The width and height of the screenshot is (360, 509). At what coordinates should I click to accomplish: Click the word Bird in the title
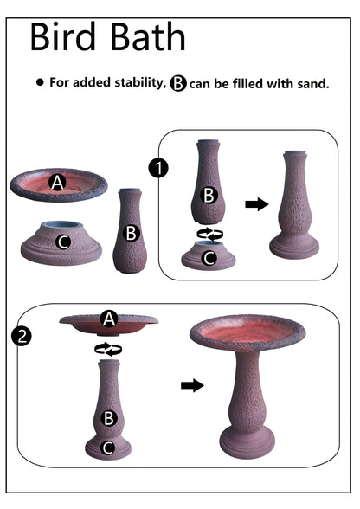click(x=67, y=37)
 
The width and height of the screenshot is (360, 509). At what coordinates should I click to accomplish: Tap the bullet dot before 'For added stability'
click(x=39, y=83)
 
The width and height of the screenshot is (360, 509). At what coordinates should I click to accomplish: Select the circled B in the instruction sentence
click(x=178, y=83)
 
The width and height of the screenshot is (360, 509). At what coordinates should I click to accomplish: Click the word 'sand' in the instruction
click(x=310, y=83)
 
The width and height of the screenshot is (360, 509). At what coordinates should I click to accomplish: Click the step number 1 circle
click(x=157, y=168)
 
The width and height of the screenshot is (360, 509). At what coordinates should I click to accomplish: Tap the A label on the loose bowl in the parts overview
click(x=57, y=183)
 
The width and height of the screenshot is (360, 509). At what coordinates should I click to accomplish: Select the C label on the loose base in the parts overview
click(x=62, y=242)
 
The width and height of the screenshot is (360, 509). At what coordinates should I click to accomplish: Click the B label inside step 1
click(x=209, y=195)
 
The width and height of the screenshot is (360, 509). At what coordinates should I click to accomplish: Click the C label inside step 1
click(x=209, y=257)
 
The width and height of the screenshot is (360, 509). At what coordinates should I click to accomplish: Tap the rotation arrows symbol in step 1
click(x=209, y=234)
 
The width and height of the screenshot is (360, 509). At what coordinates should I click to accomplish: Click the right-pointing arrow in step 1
click(x=255, y=204)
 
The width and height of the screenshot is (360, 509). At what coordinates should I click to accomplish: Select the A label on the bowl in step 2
click(x=109, y=319)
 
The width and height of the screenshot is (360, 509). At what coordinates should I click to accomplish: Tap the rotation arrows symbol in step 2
click(x=108, y=349)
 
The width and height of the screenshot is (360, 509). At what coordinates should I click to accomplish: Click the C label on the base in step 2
click(x=108, y=448)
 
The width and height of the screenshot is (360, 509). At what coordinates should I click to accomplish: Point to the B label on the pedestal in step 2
click(x=109, y=418)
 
